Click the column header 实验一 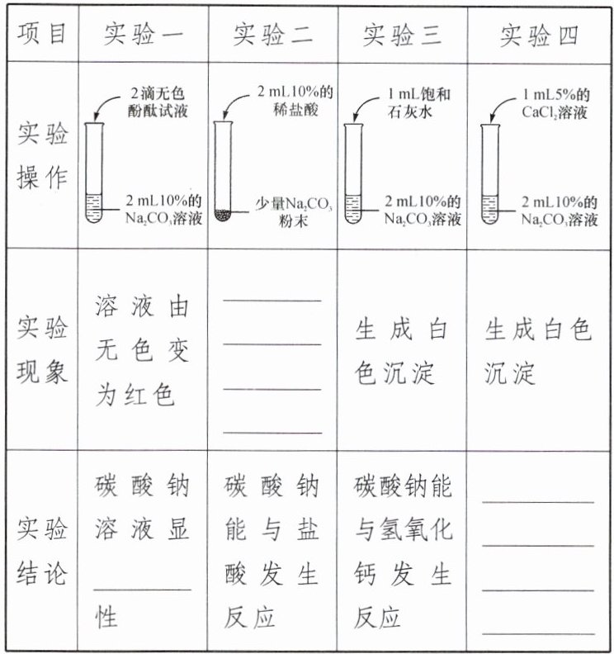coord(143,35)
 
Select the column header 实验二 coord(272,35)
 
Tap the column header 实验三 coord(402,35)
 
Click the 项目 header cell coord(40,35)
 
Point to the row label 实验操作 coord(41,156)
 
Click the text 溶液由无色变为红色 coord(142,352)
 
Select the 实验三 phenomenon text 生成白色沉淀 coord(401,352)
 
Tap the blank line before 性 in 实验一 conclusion coord(142,589)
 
